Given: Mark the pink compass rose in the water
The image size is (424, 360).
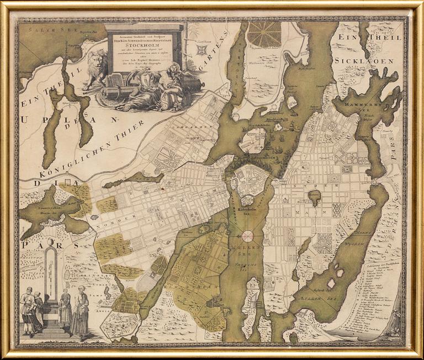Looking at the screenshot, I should [x=247, y=236].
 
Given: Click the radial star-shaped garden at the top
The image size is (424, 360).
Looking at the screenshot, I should [x=264, y=34].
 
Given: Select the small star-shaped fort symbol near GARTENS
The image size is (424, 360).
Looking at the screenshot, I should [x=201, y=50].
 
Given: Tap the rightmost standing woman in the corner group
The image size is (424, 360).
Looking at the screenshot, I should [x=81, y=310].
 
